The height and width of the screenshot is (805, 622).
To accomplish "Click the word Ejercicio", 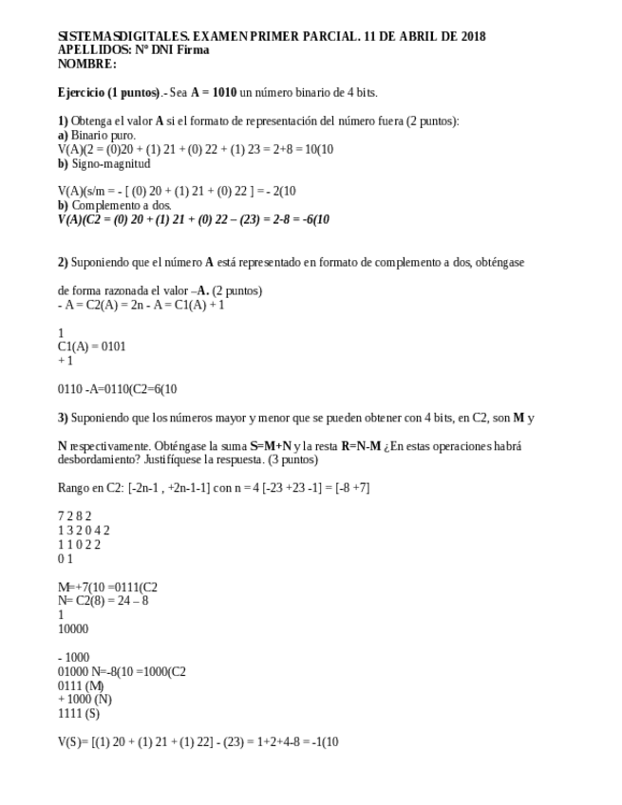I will click(x=81, y=93).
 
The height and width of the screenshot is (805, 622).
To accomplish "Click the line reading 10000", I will click(x=73, y=628).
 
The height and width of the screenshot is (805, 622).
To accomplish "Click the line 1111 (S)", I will click(x=79, y=714).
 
